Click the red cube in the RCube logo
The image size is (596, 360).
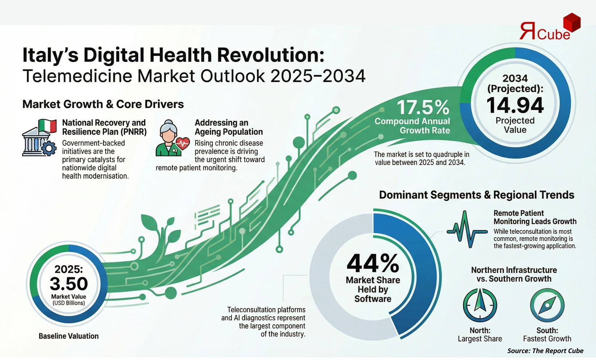tap(572, 22)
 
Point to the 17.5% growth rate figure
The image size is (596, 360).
tap(423, 107)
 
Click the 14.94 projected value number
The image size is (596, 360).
tap(515, 105)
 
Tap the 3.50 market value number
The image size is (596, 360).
tap(69, 284)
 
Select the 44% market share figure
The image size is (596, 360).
tap(373, 263)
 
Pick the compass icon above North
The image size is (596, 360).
tap(480, 305)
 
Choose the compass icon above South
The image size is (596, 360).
tap(547, 305)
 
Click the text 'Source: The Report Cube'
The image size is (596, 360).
tap(545, 351)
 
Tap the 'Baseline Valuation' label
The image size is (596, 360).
tap(69, 336)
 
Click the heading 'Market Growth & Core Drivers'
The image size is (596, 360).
tap(103, 104)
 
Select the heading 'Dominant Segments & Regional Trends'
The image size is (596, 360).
tap(477, 195)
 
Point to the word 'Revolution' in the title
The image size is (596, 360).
tap(270, 55)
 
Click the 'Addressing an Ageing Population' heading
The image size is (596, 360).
tap(228, 127)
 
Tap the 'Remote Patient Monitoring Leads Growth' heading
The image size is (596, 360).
tap(535, 217)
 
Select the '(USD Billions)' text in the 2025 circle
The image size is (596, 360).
tap(69, 303)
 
